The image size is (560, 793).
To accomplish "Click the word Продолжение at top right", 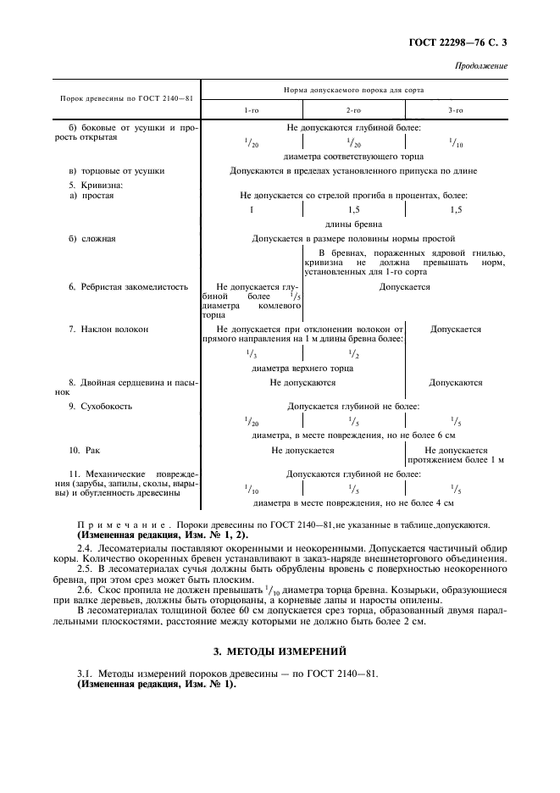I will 481,66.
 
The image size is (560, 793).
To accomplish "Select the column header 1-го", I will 252,110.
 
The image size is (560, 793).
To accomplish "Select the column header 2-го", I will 353,110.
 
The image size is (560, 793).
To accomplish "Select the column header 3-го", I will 455,110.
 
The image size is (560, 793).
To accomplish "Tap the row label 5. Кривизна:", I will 96,183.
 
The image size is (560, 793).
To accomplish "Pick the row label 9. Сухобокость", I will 100,407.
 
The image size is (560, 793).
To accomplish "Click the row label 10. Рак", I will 86,451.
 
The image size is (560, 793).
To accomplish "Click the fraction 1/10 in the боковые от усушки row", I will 455,143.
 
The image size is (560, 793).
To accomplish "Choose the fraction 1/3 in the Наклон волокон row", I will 252,352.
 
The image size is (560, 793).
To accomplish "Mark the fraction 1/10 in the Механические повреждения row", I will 252,489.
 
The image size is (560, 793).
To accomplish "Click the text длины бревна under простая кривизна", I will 353,225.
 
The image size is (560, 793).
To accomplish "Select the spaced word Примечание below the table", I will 119,526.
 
